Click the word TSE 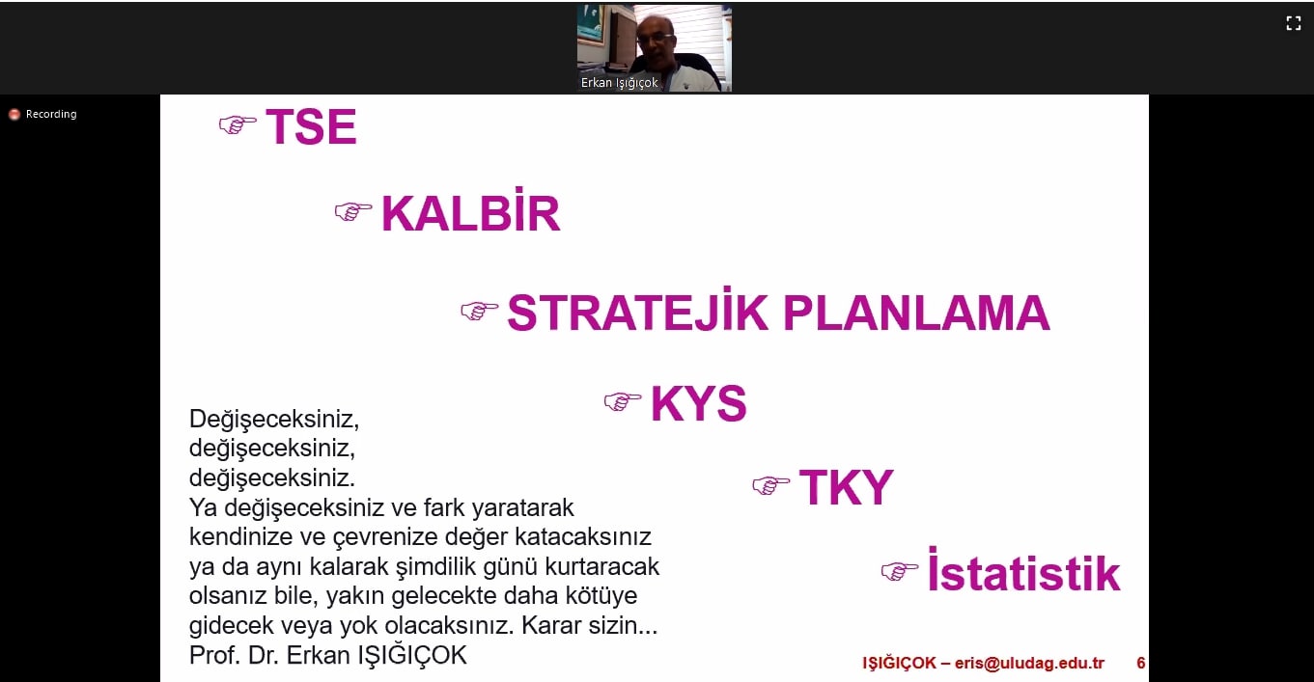(311, 126)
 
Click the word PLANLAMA (916, 313)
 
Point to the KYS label (699, 403)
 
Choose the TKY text (846, 487)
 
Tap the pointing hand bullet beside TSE (238, 124)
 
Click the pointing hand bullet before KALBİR (353, 211)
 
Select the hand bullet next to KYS (623, 401)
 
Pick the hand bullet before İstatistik (900, 571)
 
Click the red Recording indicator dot (14, 114)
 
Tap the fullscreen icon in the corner (1294, 23)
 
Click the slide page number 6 (1141, 663)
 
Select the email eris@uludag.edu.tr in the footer (1029, 664)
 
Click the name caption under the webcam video (620, 83)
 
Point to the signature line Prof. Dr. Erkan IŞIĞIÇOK (328, 655)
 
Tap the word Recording (51, 114)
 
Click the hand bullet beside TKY (770, 485)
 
